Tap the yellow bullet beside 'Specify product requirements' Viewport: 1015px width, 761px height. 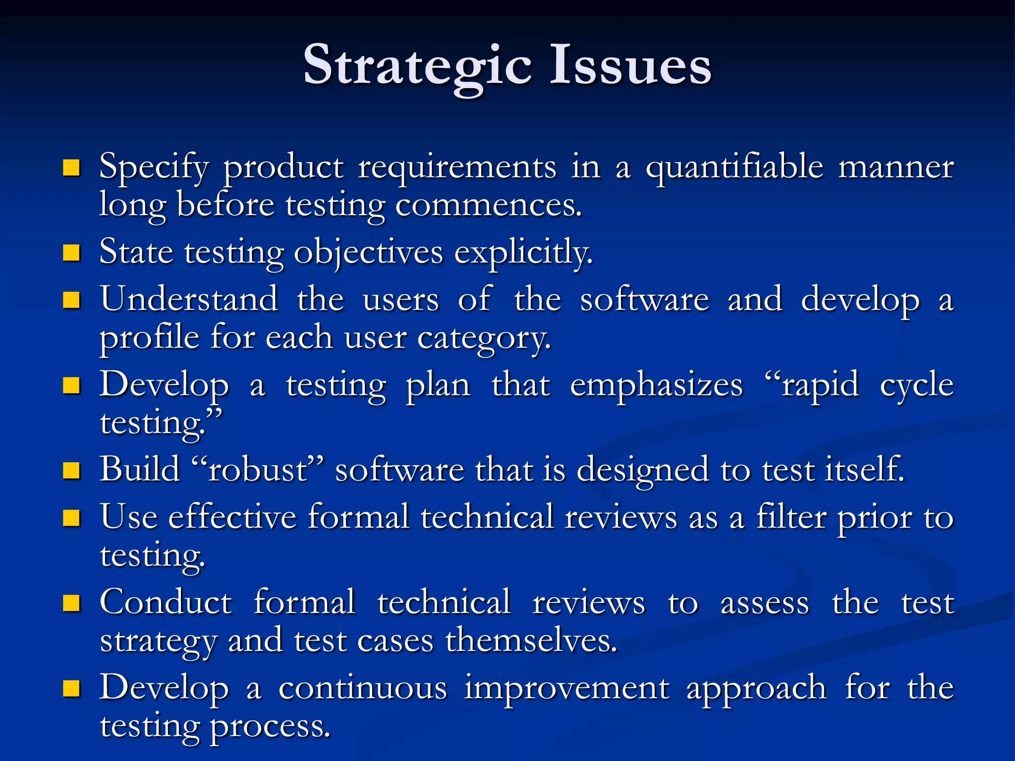click(72, 168)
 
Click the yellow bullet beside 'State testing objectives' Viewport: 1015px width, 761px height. click(72, 253)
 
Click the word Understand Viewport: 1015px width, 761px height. click(189, 299)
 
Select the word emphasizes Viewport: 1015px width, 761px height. click(656, 385)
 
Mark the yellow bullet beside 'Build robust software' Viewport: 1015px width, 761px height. click(72, 470)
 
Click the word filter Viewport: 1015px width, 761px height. click(790, 517)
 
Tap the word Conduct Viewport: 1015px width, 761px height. click(166, 603)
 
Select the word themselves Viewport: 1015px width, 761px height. click(531, 641)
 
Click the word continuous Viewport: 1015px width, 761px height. click(363, 688)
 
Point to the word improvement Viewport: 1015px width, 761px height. click(566, 688)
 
